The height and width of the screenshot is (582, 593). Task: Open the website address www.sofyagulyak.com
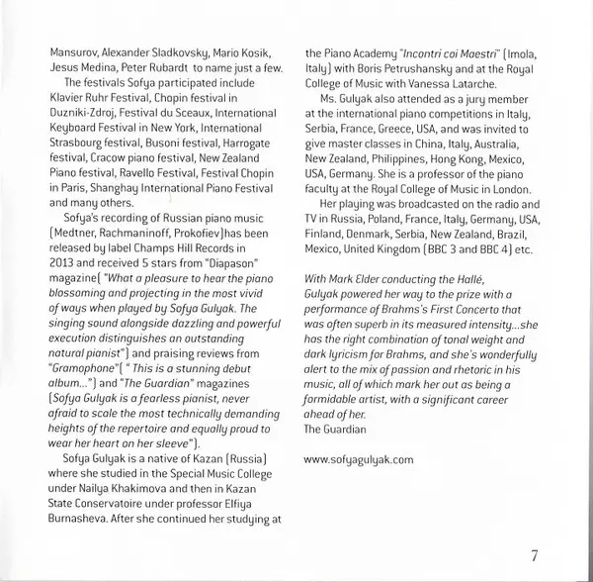359,459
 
